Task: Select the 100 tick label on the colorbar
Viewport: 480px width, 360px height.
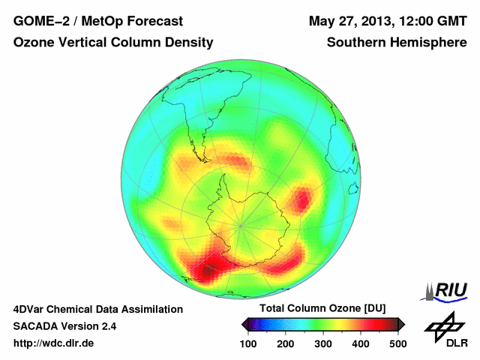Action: pyautogui.click(x=248, y=343)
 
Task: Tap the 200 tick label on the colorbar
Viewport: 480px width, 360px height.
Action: pyautogui.click(x=286, y=343)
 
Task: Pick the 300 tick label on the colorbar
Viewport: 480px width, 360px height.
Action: pyautogui.click(x=323, y=343)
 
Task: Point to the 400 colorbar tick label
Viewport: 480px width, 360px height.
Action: pyautogui.click(x=361, y=343)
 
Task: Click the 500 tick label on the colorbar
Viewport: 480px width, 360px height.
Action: pyautogui.click(x=397, y=343)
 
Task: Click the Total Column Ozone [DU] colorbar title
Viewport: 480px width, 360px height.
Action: pyautogui.click(x=322, y=309)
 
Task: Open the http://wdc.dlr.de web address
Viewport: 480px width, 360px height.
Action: pyautogui.click(x=54, y=343)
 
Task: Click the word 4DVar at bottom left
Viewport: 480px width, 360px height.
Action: pyautogui.click(x=31, y=309)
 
